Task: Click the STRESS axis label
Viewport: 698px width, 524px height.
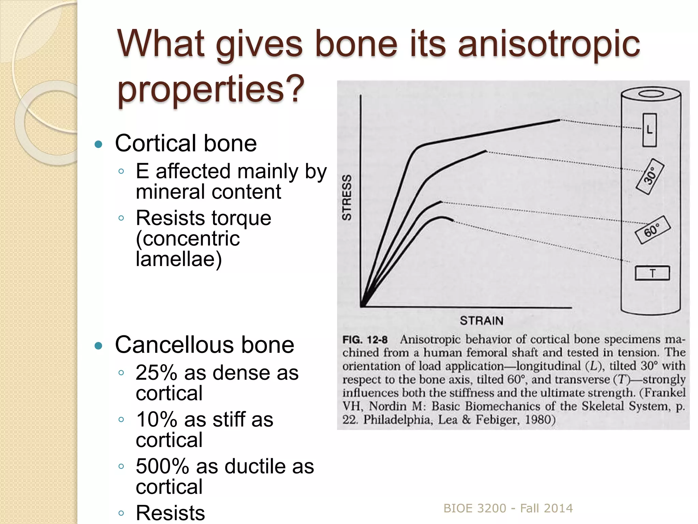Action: click(347, 198)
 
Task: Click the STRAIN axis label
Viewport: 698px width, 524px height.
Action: click(481, 321)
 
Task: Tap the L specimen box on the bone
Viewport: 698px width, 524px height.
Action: click(650, 130)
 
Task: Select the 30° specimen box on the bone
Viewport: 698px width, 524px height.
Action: click(650, 176)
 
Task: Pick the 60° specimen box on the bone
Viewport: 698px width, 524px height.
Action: click(652, 230)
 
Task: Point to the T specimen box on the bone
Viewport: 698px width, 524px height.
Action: click(652, 273)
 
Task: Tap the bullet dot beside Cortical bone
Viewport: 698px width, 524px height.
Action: click(98, 144)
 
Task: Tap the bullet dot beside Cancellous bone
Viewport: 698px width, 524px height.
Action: click(98, 346)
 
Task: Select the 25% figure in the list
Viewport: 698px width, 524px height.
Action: click(156, 373)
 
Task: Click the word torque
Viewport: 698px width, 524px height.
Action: click(241, 218)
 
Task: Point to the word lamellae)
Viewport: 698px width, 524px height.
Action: click(179, 259)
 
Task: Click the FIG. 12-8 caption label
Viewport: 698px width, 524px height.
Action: click(365, 340)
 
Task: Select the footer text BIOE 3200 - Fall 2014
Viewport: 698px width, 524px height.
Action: click(508, 508)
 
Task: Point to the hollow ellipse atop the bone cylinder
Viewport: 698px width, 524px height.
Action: click(651, 94)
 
